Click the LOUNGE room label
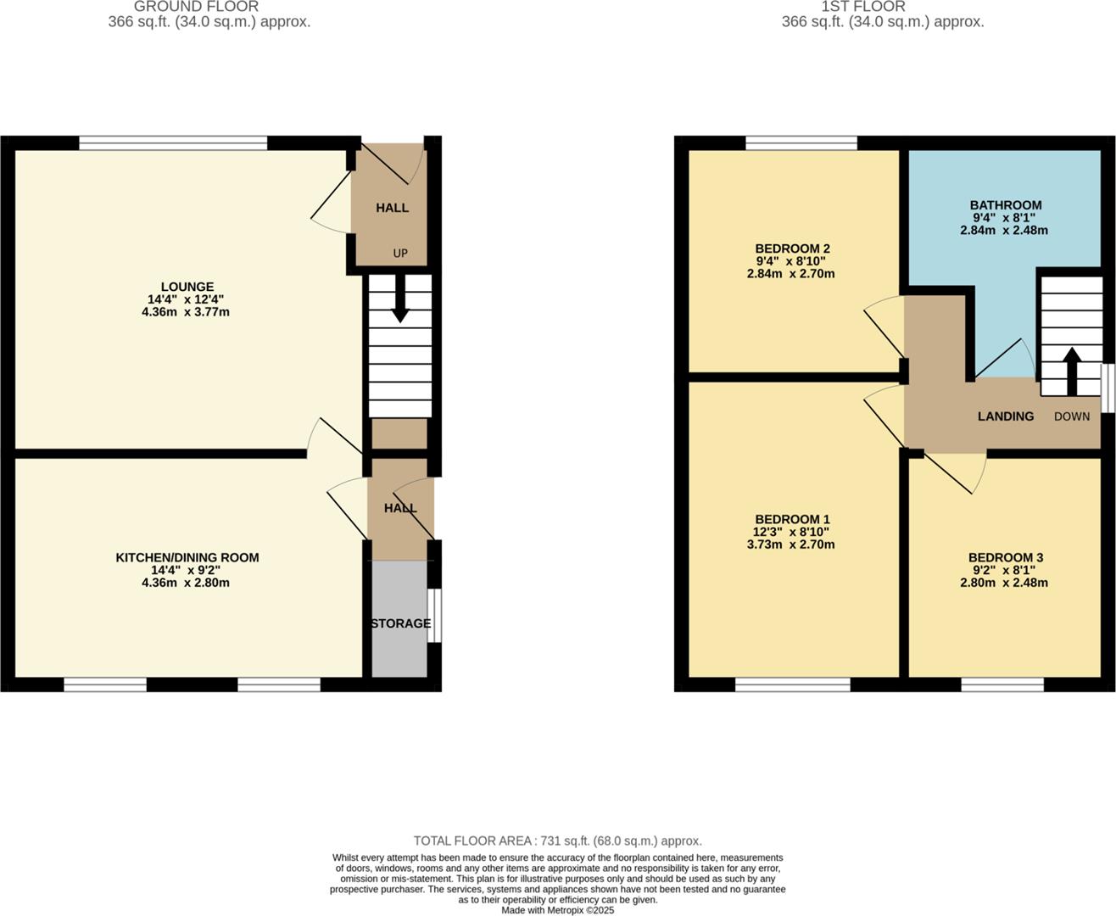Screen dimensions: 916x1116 pyautogui.click(x=187, y=287)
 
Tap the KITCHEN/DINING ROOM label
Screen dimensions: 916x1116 pyautogui.click(x=187, y=557)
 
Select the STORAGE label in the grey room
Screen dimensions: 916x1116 pyautogui.click(x=400, y=623)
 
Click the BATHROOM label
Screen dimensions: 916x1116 pyautogui.click(x=1006, y=205)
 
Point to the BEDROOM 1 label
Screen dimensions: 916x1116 pyautogui.click(x=792, y=519)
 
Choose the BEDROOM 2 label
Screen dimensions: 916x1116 pyautogui.click(x=792, y=249)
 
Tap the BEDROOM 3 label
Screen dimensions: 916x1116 pyautogui.click(x=1006, y=557)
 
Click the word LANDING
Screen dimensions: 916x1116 pyautogui.click(x=1006, y=416)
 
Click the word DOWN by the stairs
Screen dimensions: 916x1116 pyautogui.click(x=1072, y=416)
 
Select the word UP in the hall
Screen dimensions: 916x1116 pyautogui.click(x=400, y=253)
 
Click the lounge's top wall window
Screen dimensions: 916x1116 pyautogui.click(x=174, y=142)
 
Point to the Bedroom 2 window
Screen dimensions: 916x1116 pyautogui.click(x=801, y=142)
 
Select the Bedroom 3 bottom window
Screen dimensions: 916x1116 pyautogui.click(x=1002, y=684)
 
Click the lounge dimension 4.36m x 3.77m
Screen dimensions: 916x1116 pyautogui.click(x=186, y=312)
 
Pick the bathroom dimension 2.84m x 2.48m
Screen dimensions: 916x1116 pyautogui.click(x=1004, y=230)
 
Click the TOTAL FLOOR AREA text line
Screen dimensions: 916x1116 pyautogui.click(x=557, y=841)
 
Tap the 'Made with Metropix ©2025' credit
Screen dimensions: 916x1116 pyautogui.click(x=557, y=910)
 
